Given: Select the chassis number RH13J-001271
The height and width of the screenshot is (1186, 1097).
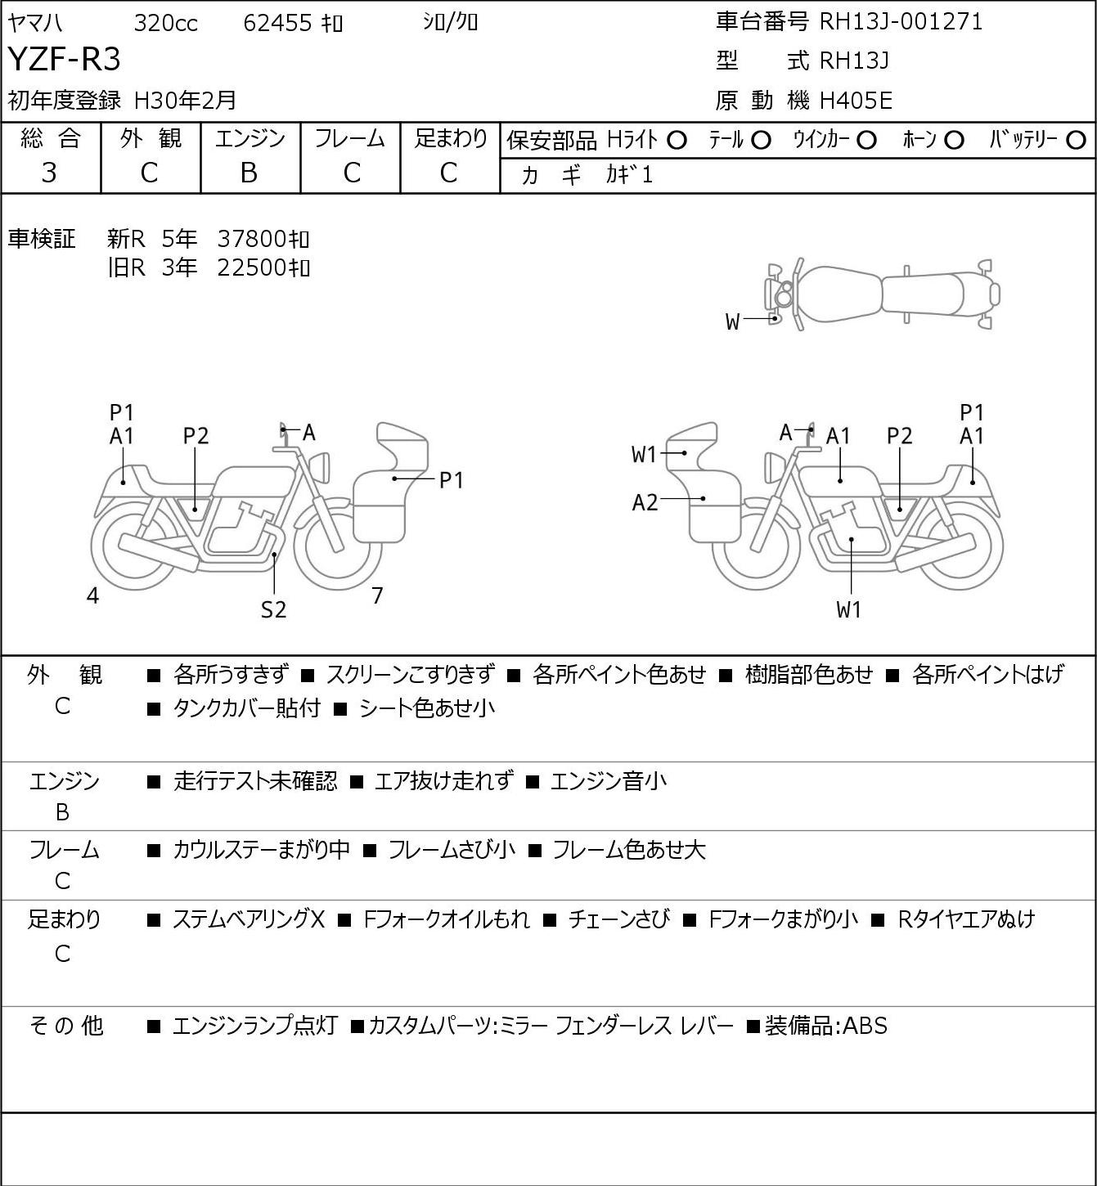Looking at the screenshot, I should click(x=901, y=22).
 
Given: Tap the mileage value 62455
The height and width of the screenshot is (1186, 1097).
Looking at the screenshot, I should click(x=277, y=23).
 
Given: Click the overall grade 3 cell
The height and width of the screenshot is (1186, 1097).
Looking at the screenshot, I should click(x=50, y=173).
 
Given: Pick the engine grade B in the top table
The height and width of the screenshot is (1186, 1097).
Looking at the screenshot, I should click(x=250, y=173).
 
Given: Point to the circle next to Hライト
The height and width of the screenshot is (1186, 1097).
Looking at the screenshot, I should click(x=677, y=141).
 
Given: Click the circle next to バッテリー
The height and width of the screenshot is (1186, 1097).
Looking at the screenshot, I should click(x=1077, y=141).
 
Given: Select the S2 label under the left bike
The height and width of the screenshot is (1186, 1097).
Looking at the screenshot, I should click(x=274, y=610).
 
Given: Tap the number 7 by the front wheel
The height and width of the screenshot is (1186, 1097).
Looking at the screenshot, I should click(x=377, y=596).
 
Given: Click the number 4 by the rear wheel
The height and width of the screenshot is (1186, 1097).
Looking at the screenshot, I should click(x=92, y=596).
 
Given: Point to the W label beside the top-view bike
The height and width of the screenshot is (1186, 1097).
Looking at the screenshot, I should click(x=732, y=322).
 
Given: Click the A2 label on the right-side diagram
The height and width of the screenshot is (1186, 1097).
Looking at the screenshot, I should click(x=645, y=502).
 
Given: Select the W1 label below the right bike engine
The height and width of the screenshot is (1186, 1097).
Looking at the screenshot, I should click(x=849, y=610).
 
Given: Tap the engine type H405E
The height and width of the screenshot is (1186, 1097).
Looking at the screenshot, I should click(x=856, y=101).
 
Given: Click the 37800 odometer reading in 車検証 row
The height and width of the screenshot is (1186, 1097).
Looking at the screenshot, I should click(x=251, y=239).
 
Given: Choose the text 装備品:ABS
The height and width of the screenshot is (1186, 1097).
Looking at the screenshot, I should click(x=825, y=1026).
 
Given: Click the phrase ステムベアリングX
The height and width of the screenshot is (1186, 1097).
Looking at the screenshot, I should click(x=249, y=919).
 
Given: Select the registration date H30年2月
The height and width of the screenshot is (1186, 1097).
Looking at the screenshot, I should click(x=185, y=101).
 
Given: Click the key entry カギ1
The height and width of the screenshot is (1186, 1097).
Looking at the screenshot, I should click(x=629, y=175).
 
